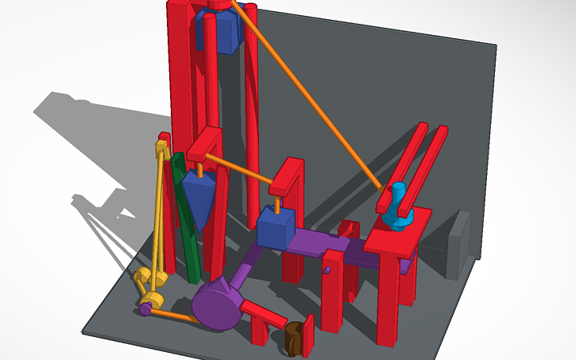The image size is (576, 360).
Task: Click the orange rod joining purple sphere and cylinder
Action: pyautogui.click(x=172, y=315)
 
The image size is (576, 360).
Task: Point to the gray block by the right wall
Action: pyautogui.click(x=458, y=246)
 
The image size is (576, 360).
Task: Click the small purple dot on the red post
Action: pyautogui.click(x=327, y=271)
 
